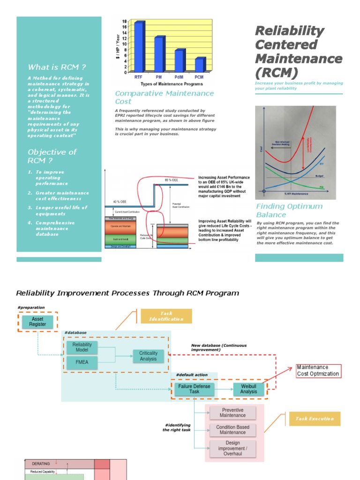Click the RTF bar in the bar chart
click(139, 47)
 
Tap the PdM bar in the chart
click(179, 61)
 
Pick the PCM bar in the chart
click(199, 65)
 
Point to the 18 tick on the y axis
click(125, 22)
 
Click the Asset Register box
click(38, 322)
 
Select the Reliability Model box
click(82, 347)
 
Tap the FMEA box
click(82, 362)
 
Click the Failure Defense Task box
click(194, 389)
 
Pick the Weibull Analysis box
click(248, 389)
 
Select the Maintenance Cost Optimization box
click(319, 371)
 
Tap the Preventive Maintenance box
click(232, 413)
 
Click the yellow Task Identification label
click(166, 316)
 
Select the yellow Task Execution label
click(315, 419)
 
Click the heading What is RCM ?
click(57, 67)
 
